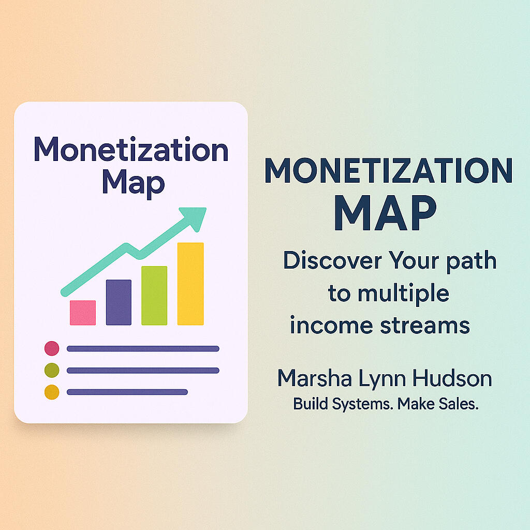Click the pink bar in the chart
[83, 313]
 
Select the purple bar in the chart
[119, 302]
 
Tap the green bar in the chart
[154, 296]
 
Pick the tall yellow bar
[190, 284]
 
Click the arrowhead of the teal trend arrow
[195, 217]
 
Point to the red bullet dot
[52, 348]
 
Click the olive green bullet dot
[52, 370]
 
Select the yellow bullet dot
[52, 392]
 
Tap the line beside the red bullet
[143, 348]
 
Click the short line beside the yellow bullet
[127, 392]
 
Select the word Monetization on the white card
[131, 149]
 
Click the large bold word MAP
[385, 213]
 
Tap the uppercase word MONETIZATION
[389, 170]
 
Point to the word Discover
[333, 260]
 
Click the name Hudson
[452, 378]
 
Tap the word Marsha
[315, 378]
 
